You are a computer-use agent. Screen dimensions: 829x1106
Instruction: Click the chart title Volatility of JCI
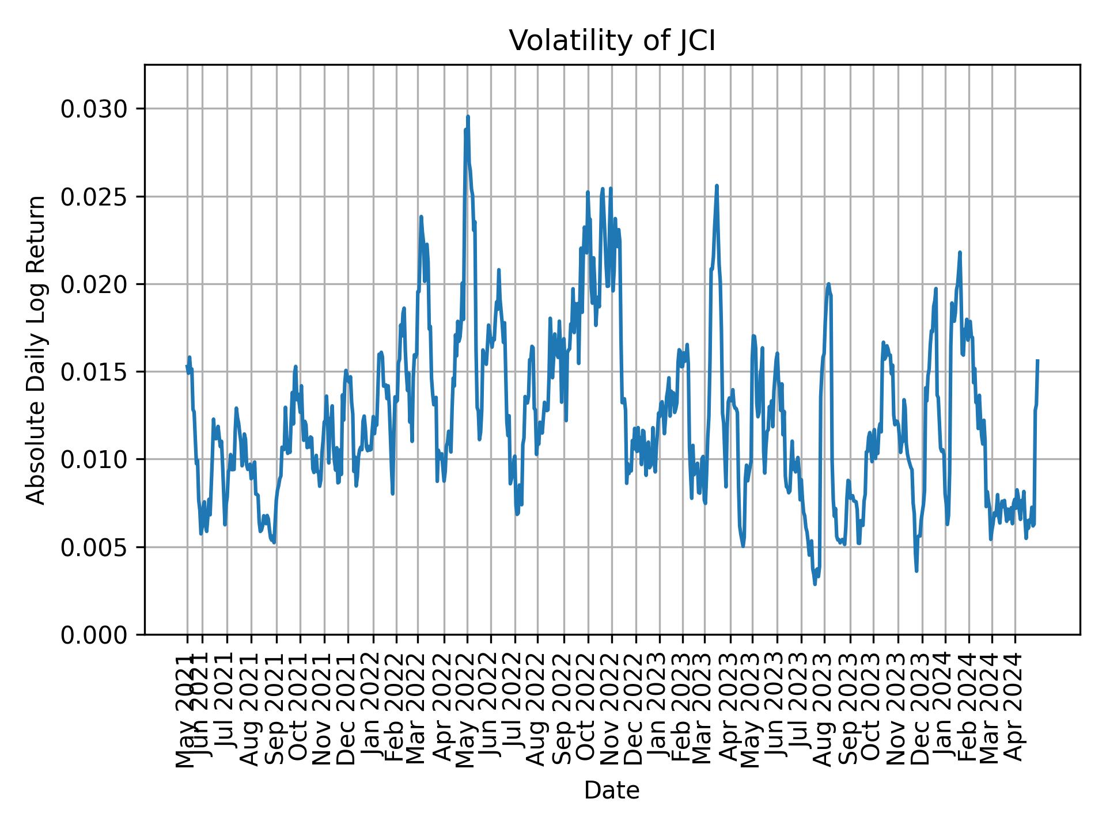click(612, 41)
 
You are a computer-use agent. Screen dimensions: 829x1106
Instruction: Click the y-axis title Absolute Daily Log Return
click(37, 350)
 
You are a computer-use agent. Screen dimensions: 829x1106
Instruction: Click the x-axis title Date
click(612, 791)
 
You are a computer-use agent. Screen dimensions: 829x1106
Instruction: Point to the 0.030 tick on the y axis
click(94, 109)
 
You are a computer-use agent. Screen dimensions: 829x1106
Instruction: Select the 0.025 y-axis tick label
click(94, 197)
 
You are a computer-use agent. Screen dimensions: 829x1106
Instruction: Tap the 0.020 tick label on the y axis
click(94, 284)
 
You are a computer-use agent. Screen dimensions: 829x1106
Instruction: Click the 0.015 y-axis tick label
click(94, 372)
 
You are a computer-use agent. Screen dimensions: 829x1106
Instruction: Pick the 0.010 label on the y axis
click(94, 459)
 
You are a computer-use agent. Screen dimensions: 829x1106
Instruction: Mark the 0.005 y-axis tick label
click(94, 547)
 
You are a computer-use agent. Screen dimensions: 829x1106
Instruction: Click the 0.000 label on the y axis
click(94, 634)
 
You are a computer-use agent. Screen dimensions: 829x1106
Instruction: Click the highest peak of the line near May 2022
click(468, 116)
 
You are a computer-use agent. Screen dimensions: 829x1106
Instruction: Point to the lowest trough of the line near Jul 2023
click(815, 584)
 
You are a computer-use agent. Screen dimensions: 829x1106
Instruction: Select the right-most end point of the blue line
click(1037, 360)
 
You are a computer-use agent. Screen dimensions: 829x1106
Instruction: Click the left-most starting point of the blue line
click(187, 366)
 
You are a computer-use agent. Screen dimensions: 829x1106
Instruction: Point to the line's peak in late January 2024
click(960, 252)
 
